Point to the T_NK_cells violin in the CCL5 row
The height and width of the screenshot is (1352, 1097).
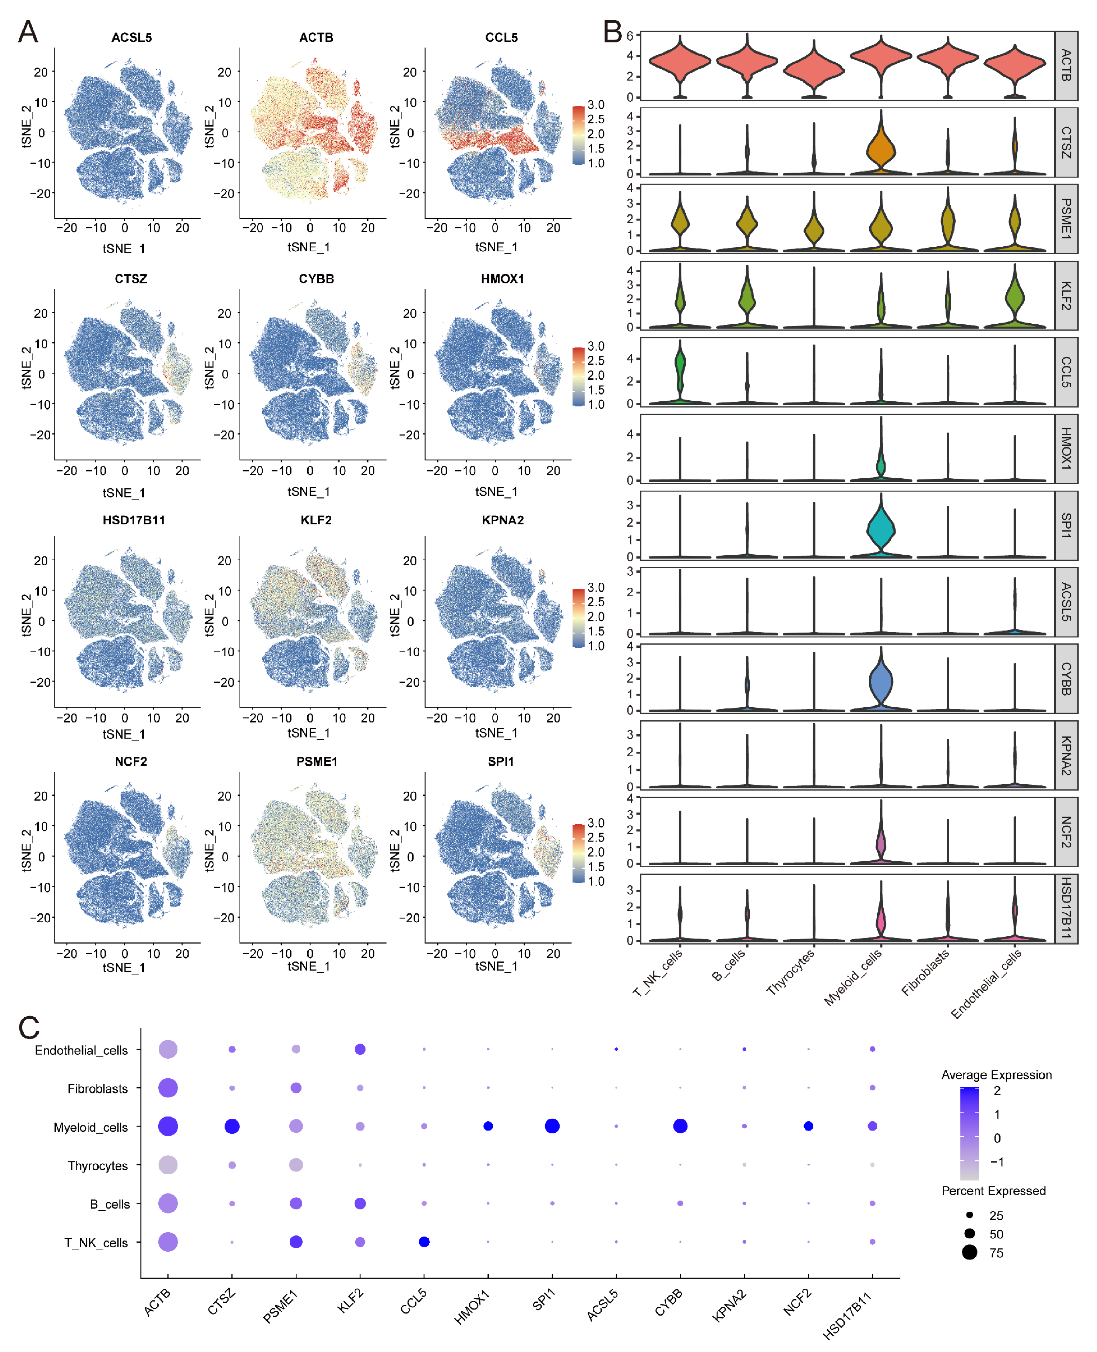(680, 367)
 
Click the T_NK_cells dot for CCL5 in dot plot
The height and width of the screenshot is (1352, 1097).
(424, 1242)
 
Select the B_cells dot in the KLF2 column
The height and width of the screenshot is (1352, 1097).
(360, 1203)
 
